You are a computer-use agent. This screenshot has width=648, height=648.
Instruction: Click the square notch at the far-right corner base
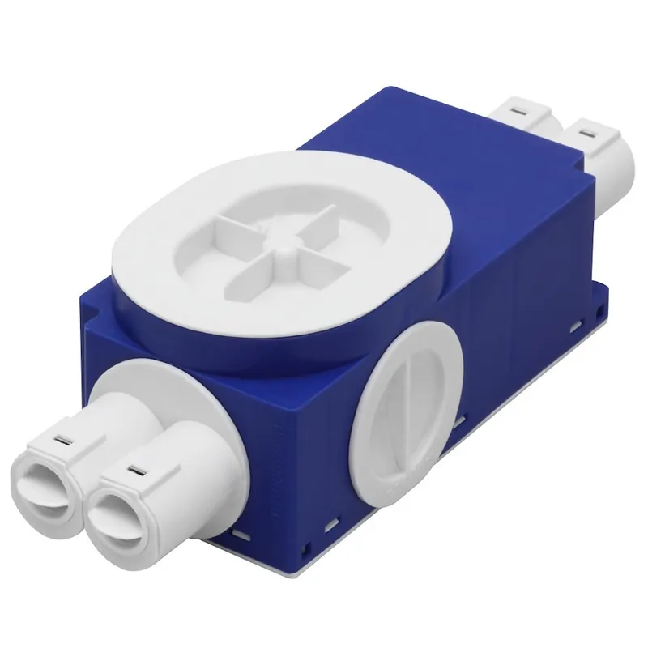coord(599,312)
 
